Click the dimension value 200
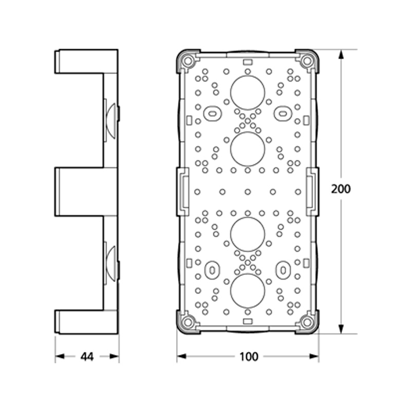pyautogui.click(x=341, y=189)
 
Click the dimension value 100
pyautogui.click(x=249, y=357)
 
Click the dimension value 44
pyautogui.click(x=87, y=357)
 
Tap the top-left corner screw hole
pyautogui.click(x=188, y=61)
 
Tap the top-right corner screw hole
pyautogui.click(x=307, y=61)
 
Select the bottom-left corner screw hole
pyautogui.click(x=188, y=322)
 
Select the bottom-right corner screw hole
pyautogui.click(x=307, y=322)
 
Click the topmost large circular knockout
pyautogui.click(x=248, y=93)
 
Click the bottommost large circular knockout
pyautogui.click(x=248, y=291)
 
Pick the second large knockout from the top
pyautogui.click(x=248, y=149)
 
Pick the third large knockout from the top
pyautogui.click(x=248, y=234)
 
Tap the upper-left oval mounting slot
pyautogui.click(x=212, y=114)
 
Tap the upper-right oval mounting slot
pyautogui.click(x=283, y=114)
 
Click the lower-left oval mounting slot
pyautogui.click(x=212, y=270)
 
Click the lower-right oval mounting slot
pyautogui.click(x=283, y=270)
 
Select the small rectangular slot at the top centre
pyautogui.click(x=248, y=62)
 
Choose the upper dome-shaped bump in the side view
pyautogui.click(x=111, y=121)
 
